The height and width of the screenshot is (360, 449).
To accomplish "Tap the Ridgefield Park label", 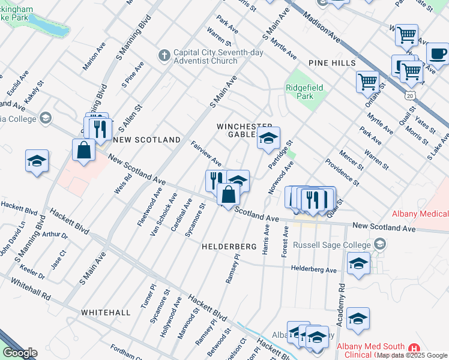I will pos(304,92).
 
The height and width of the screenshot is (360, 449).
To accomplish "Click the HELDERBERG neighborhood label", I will pos(224,246).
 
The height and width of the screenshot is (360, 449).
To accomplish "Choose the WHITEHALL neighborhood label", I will pos(106,313).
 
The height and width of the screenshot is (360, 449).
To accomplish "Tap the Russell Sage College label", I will pos(332,245).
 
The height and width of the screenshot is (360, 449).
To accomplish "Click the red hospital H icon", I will pos(413,349).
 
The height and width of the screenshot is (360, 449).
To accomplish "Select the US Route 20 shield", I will pos(409,96).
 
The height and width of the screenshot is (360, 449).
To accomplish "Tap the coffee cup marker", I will pos(438,53).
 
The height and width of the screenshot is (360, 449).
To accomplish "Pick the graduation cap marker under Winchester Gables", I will pos(268,138).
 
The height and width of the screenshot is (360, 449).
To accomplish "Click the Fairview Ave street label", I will pos(206,154).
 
